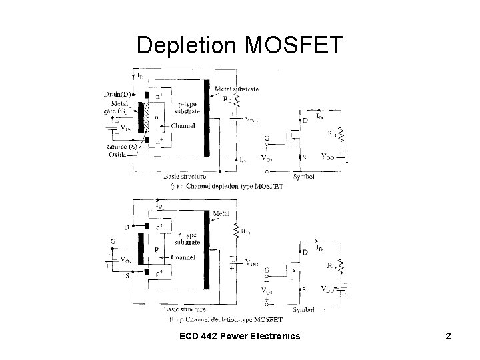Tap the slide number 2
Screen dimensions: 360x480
[x=448, y=336]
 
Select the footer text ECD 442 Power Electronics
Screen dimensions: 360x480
[x=239, y=336]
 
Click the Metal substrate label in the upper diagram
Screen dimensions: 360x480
[x=237, y=89]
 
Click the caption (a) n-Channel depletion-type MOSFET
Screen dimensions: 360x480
[x=227, y=187]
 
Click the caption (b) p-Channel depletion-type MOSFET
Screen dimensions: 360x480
[x=227, y=320]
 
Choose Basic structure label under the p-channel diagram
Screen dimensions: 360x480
[x=184, y=310]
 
